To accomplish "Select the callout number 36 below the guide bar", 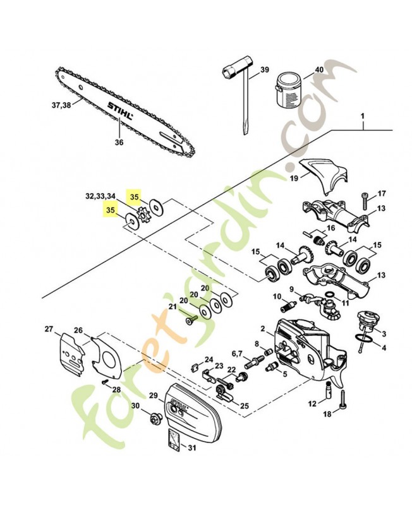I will (119, 142).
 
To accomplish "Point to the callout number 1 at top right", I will (363, 116).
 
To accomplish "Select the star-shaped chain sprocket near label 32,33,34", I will (143, 213).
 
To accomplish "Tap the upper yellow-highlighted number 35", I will (134, 197).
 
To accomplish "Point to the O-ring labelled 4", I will (361, 342).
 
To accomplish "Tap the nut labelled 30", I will (155, 417).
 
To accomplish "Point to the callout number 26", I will (78, 330).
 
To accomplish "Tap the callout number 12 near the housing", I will (312, 403).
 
